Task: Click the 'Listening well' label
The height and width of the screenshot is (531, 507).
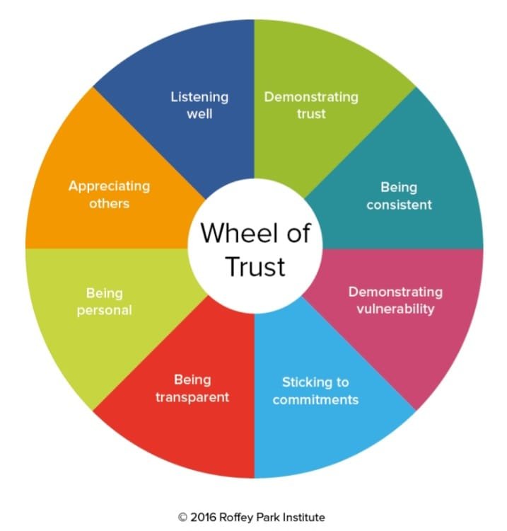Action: pyautogui.click(x=199, y=105)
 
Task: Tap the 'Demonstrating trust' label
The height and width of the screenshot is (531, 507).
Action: pyautogui.click(x=311, y=105)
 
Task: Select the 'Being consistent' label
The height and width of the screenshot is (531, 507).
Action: pyautogui.click(x=399, y=196)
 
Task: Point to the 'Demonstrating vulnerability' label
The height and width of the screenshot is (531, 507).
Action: pyautogui.click(x=395, y=301)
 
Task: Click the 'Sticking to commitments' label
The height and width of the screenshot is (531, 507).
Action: pyautogui.click(x=315, y=391)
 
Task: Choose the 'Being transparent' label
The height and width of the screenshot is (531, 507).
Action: pyautogui.click(x=192, y=389)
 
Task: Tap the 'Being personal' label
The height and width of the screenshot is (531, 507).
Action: pyautogui.click(x=104, y=302)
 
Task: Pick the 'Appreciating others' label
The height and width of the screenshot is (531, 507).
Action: pyautogui.click(x=109, y=195)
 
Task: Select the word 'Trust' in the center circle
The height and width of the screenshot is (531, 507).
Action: pyautogui.click(x=255, y=267)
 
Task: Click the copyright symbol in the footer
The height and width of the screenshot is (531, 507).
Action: pyautogui.click(x=182, y=518)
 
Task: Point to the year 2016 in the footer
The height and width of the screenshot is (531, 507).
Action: pyautogui.click(x=203, y=518)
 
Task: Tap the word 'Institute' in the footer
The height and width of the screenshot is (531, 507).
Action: pyautogui.click(x=304, y=518)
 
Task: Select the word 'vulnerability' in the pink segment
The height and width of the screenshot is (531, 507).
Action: pyautogui.click(x=395, y=309)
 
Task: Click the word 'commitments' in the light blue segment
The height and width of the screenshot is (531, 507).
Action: pyautogui.click(x=315, y=400)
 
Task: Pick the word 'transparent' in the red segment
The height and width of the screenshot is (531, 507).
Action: pyautogui.click(x=192, y=397)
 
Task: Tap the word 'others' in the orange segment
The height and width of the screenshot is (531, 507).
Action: pyautogui.click(x=109, y=203)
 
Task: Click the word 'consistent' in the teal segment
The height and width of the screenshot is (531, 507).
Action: pyautogui.click(x=399, y=205)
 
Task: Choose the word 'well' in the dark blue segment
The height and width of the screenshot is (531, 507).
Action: pyautogui.click(x=199, y=114)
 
